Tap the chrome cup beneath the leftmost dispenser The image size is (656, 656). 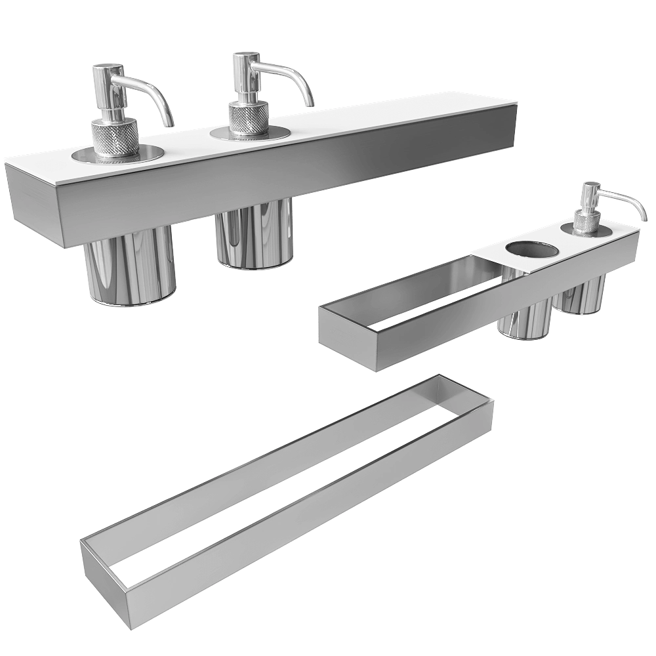pos(131,269)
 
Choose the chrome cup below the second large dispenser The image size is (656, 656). pos(254,236)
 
